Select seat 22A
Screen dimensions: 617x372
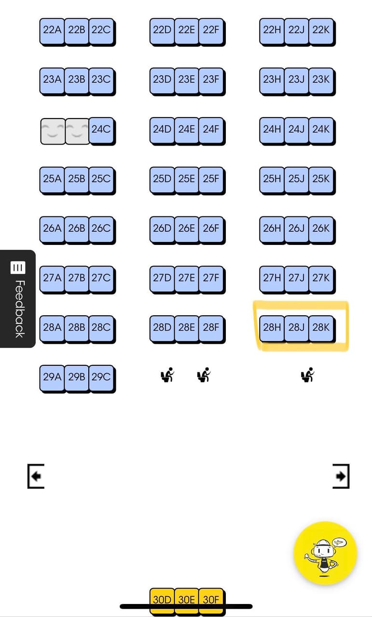52,30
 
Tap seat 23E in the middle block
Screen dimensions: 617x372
187,80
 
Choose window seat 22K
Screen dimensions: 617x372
321,30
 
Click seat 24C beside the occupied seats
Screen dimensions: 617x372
101,129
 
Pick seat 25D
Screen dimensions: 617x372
162,179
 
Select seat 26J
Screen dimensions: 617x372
296,228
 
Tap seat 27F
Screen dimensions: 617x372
211,278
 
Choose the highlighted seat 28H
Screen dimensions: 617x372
272,328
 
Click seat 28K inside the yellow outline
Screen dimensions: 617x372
321,328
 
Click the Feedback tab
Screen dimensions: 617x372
18,298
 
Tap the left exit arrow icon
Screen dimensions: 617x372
36,476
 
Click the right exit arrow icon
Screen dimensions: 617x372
341,476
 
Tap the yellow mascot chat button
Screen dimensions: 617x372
325,553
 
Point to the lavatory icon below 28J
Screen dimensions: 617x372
307,375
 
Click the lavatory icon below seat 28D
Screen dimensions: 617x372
167,375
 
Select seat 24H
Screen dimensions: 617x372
272,129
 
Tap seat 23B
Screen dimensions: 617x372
77,80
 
